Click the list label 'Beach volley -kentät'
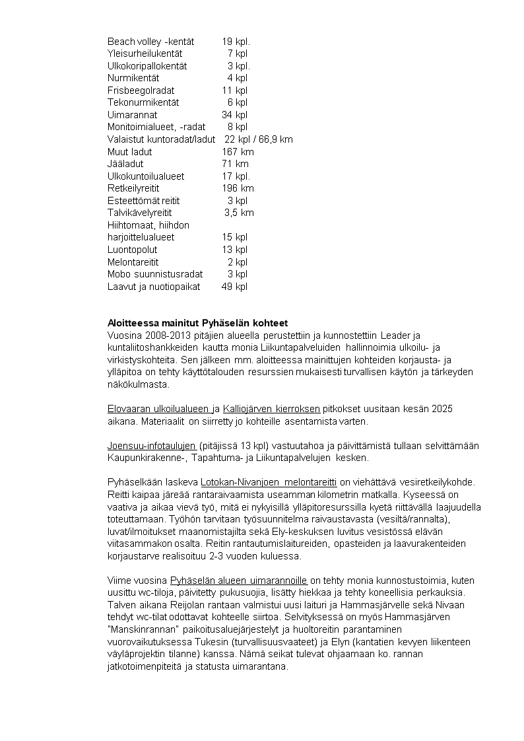(146, 42)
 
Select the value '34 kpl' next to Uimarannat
(234, 115)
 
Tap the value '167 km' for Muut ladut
(238, 152)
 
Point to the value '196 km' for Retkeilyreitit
(238, 188)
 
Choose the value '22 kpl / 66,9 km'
(259, 139)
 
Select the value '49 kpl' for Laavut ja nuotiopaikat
(234, 287)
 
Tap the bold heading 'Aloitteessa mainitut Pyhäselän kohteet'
(197, 324)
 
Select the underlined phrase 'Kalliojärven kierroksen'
(271, 409)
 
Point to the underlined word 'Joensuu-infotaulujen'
(151, 446)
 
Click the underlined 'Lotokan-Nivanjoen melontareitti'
(269, 483)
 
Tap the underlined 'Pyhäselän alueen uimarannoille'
(239, 581)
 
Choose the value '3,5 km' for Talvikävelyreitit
(239, 213)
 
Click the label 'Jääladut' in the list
(125, 164)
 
